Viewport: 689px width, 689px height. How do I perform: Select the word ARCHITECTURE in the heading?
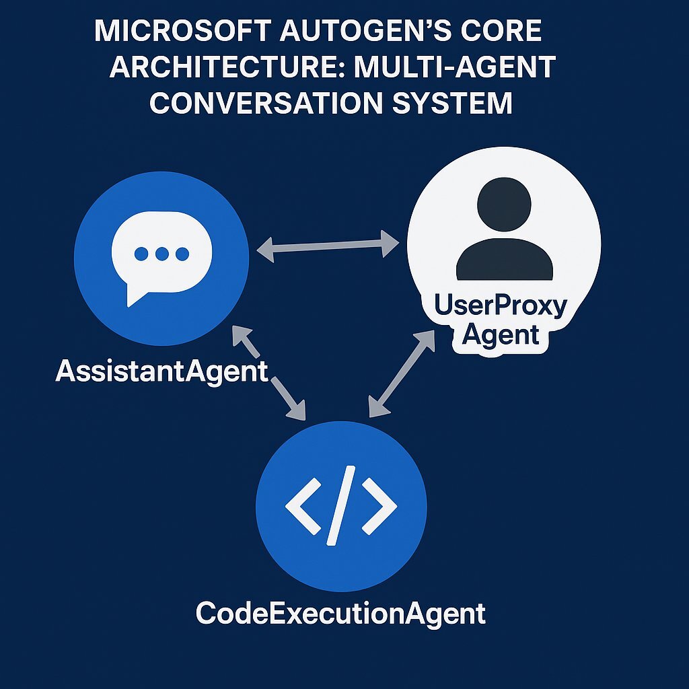click(x=217, y=69)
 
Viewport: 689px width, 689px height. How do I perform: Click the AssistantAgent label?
click(x=161, y=371)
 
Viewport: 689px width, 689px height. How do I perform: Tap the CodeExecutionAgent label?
click(x=340, y=614)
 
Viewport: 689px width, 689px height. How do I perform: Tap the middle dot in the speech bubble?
click(x=161, y=254)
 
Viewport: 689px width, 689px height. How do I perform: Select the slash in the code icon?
click(x=340, y=506)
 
